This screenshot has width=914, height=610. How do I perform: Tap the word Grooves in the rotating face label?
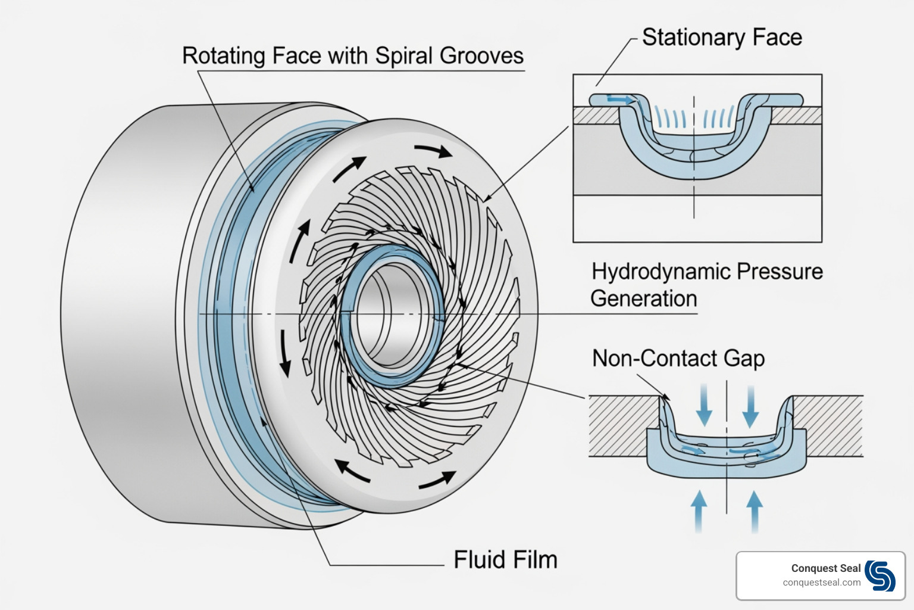tap(481, 55)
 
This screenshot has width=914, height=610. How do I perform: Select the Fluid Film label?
tap(505, 560)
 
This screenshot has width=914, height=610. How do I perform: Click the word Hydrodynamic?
tap(660, 272)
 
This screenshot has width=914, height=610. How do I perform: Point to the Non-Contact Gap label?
tap(678, 358)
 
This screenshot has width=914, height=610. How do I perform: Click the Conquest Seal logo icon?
tap(880, 575)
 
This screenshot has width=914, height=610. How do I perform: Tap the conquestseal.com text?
tap(822, 583)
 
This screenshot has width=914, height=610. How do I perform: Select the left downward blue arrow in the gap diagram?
tap(705, 405)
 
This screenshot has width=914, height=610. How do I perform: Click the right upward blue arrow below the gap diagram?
tap(755, 510)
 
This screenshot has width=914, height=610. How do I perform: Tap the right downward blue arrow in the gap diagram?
tap(750, 405)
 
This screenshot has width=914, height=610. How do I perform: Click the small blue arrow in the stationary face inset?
tap(621, 99)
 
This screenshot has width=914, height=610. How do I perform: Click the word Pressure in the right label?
tap(780, 272)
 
